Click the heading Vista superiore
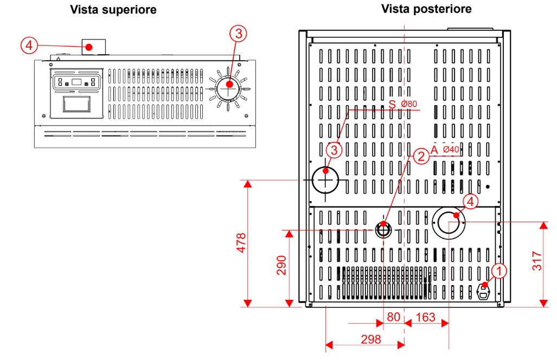click(113, 10)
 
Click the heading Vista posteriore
click(426, 9)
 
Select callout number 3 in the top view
click(238, 34)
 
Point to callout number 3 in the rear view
click(334, 149)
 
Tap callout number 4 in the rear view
click(470, 202)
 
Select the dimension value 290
click(281, 265)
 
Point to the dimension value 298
click(370, 339)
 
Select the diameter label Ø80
click(409, 104)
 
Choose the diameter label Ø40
click(451, 150)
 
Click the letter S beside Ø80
click(392, 104)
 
